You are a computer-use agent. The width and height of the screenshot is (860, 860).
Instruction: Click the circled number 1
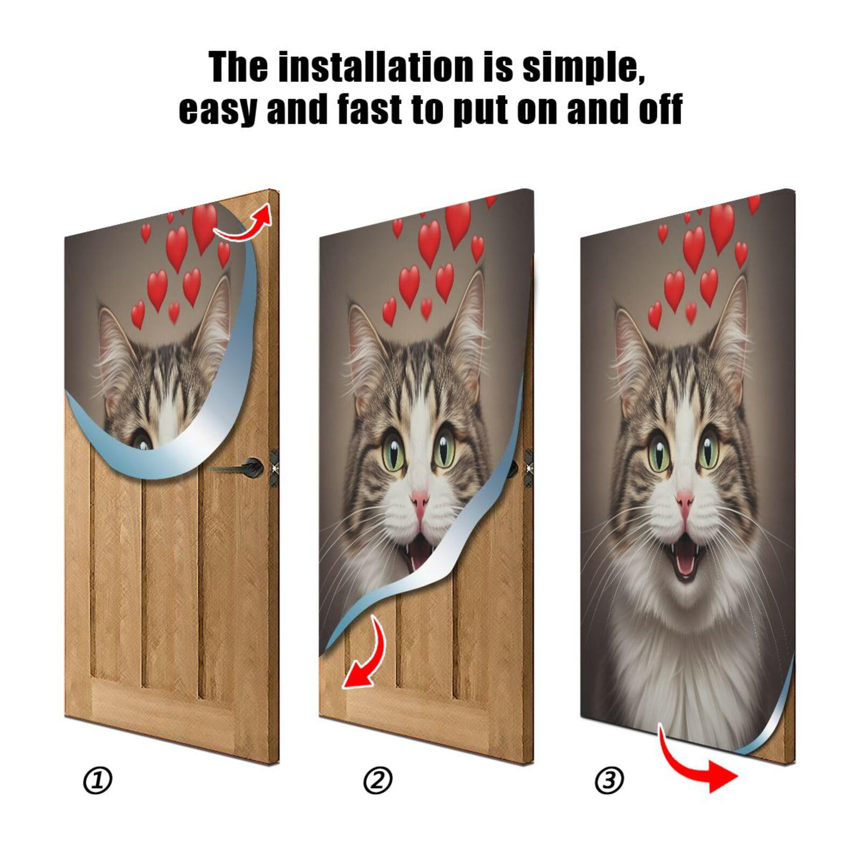click(97, 780)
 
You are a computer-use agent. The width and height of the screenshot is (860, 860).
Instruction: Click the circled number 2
click(378, 780)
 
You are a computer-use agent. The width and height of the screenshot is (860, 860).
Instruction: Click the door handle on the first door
click(245, 467)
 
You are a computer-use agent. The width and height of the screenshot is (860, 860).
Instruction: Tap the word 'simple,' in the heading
click(583, 67)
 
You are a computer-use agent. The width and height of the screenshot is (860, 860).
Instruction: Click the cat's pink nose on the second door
click(420, 501)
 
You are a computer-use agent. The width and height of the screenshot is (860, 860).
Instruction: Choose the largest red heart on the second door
click(457, 223)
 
